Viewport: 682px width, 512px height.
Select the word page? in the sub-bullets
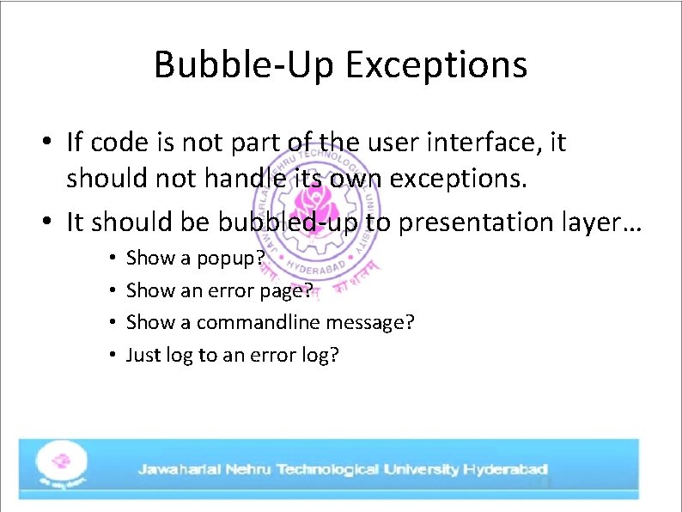[283, 290]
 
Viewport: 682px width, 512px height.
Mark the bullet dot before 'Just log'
[113, 355]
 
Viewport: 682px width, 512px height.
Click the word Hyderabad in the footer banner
[505, 469]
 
